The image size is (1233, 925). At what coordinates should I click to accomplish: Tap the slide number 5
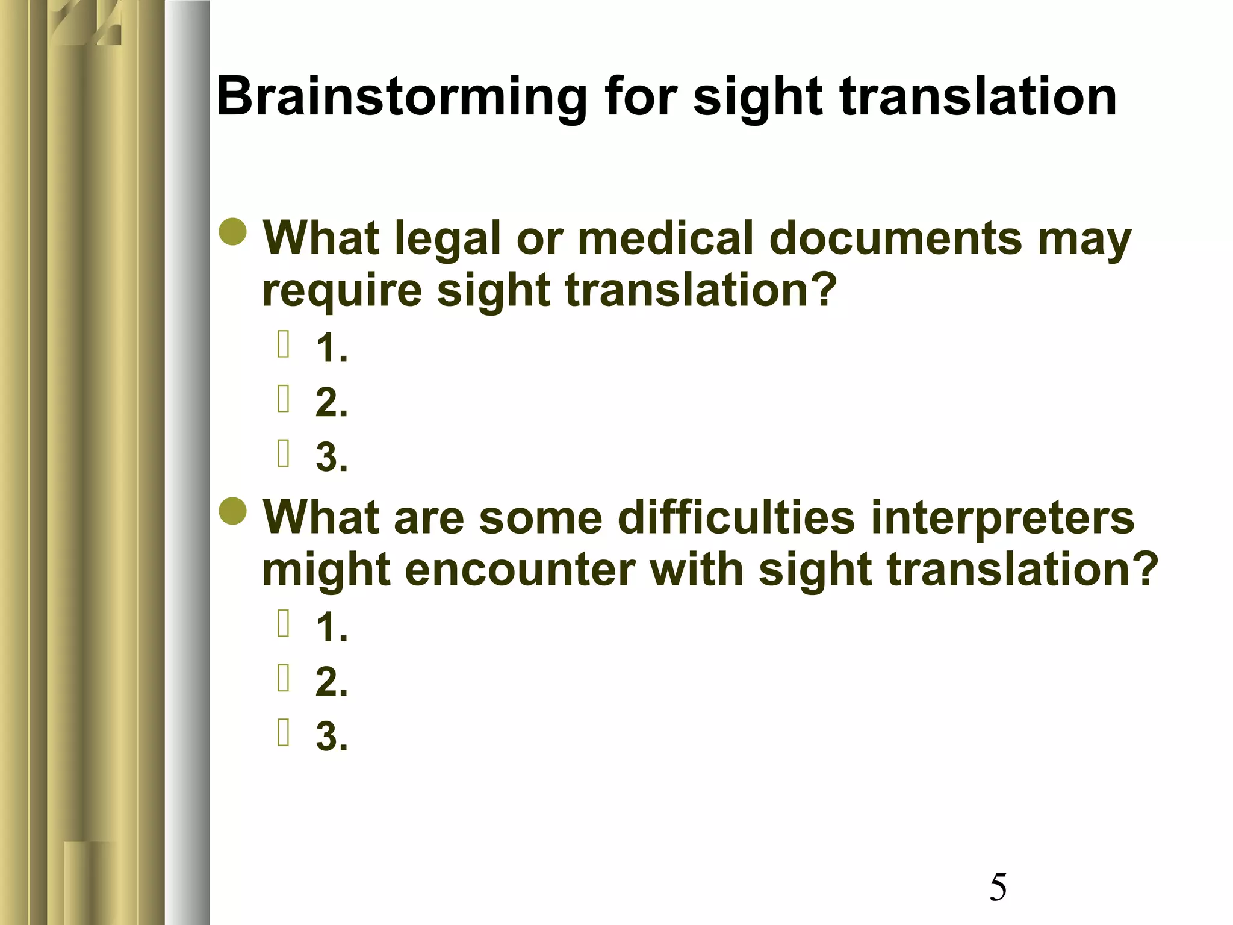point(998,888)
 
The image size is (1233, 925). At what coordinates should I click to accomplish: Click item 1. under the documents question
point(332,348)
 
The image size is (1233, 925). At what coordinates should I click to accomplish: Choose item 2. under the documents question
point(332,402)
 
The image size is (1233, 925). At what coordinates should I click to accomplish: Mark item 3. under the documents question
point(332,456)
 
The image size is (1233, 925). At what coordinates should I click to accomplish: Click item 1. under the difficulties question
point(332,628)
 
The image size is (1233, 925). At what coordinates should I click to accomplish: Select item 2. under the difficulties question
point(332,682)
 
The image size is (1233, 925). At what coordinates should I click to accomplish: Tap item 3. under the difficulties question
point(332,736)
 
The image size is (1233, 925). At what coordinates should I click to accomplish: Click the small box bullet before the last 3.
point(284,732)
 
